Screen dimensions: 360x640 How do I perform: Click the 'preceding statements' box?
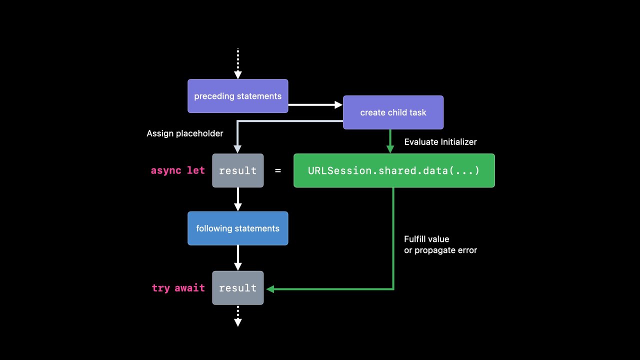(x=238, y=96)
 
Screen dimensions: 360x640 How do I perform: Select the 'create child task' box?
(x=393, y=112)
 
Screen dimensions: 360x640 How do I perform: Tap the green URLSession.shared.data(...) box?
(x=394, y=170)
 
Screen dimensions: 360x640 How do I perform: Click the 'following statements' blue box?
(x=238, y=228)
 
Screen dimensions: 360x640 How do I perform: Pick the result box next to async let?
(x=238, y=170)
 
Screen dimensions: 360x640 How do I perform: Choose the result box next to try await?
(x=238, y=288)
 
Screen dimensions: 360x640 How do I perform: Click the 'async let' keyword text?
(x=178, y=170)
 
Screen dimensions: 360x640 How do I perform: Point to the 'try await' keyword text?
(x=178, y=288)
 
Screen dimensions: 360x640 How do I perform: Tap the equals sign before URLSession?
(x=278, y=170)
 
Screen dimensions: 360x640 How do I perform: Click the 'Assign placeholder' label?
(x=185, y=133)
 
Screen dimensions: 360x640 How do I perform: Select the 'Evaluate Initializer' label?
(x=440, y=142)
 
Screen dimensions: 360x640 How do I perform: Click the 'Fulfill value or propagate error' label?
(x=440, y=244)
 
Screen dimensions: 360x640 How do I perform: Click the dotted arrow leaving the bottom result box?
(x=238, y=316)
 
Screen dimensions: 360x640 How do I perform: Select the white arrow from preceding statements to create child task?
(x=315, y=105)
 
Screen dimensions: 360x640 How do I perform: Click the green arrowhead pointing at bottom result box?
(x=271, y=288)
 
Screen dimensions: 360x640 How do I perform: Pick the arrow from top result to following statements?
(x=238, y=199)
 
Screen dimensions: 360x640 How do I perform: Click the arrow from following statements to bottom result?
(x=238, y=258)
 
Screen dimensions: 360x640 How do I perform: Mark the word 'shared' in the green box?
(x=395, y=170)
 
